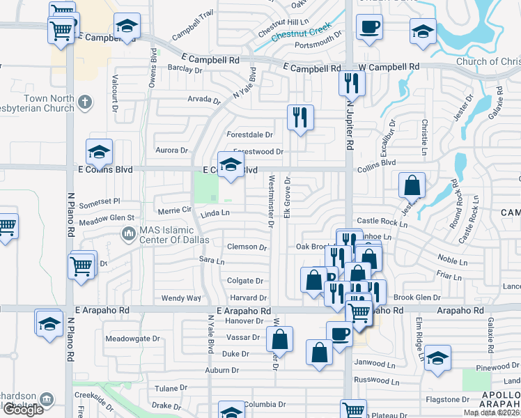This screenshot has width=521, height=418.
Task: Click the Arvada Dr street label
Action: (x=204, y=100)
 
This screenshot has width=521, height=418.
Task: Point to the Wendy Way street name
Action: (x=181, y=298)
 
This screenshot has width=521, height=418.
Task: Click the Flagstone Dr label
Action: (x=447, y=400)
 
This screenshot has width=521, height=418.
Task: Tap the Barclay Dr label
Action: (x=185, y=68)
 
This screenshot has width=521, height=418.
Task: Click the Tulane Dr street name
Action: (x=171, y=388)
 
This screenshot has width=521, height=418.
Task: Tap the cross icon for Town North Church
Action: (x=84, y=103)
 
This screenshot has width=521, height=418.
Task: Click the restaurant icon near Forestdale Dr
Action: (x=300, y=116)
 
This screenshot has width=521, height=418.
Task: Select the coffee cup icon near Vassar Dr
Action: (x=339, y=334)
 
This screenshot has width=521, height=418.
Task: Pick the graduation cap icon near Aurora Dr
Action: (x=99, y=151)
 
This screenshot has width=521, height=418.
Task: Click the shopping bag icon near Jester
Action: (x=412, y=185)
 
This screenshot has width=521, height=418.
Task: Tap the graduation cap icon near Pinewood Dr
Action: (x=437, y=358)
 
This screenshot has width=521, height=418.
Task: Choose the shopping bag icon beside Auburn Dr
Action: (x=319, y=352)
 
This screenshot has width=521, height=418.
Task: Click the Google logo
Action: (x=23, y=410)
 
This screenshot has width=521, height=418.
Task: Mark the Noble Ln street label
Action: (x=453, y=261)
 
